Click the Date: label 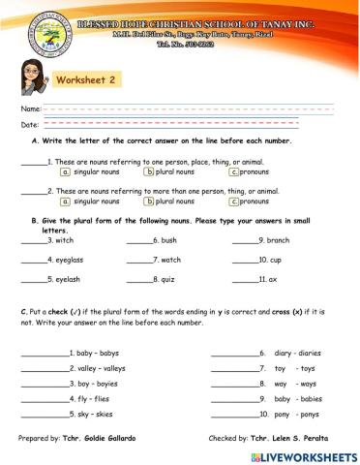(29, 125)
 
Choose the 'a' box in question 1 (65, 171)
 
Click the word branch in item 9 (278, 240)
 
